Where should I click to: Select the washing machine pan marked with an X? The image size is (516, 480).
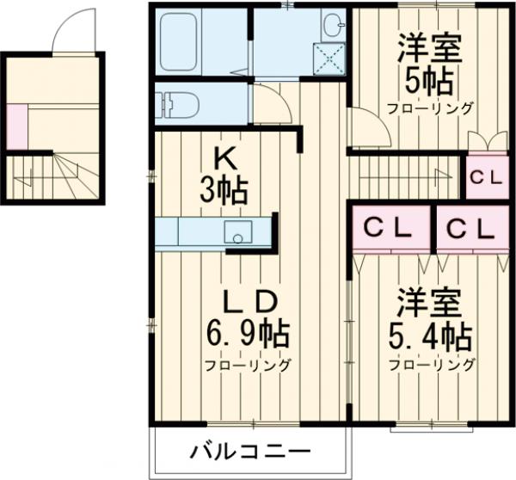(325, 58)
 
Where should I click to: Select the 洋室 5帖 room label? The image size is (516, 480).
(428, 65)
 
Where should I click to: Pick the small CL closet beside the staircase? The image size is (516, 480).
(486, 178)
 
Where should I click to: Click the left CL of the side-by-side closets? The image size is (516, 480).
(389, 228)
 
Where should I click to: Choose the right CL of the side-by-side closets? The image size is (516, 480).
(470, 228)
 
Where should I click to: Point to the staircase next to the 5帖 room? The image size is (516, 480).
(404, 176)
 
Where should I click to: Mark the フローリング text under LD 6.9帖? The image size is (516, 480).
(247, 364)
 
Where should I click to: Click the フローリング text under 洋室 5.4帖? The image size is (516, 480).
(432, 364)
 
